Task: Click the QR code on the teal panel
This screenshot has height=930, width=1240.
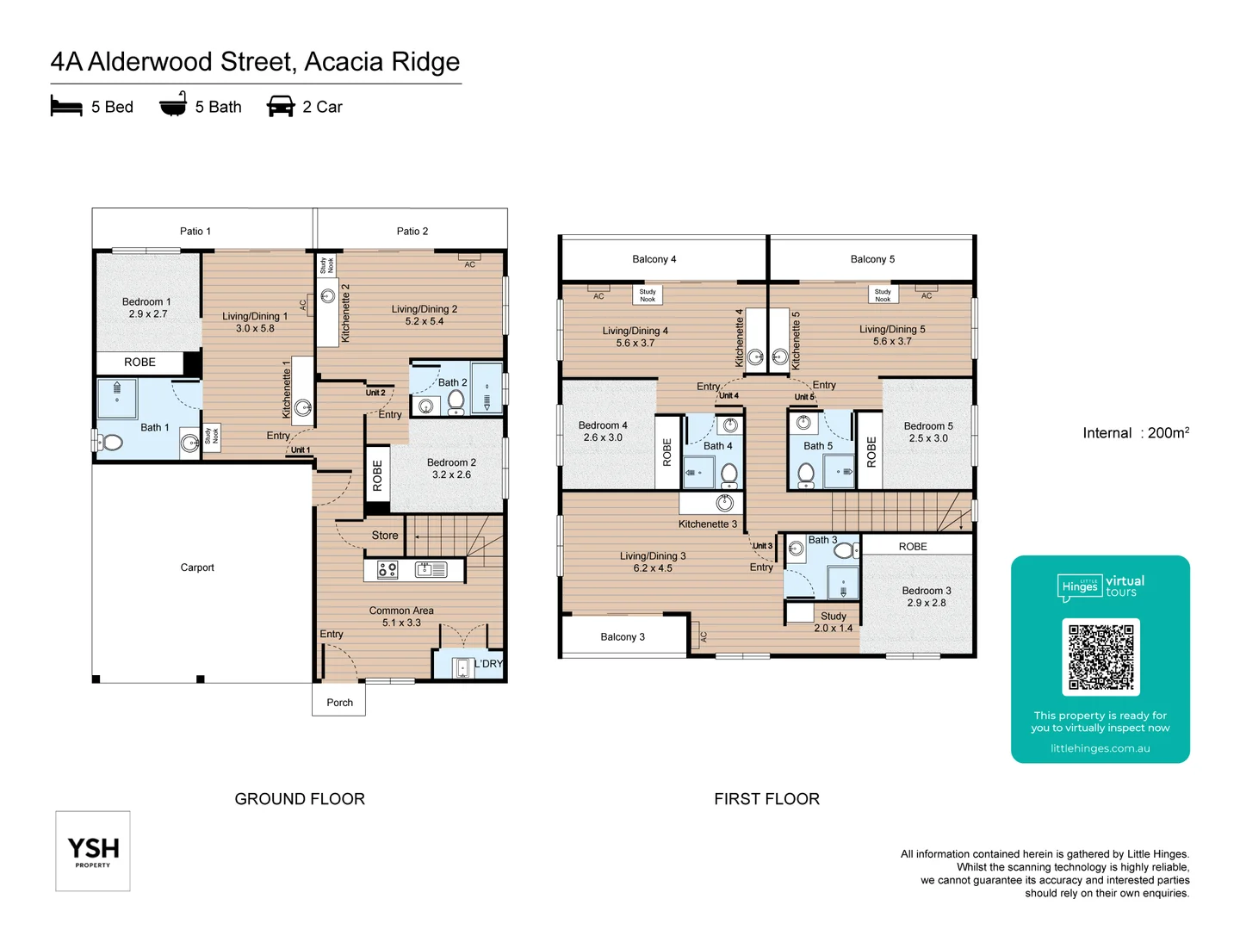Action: pyautogui.click(x=1100, y=657)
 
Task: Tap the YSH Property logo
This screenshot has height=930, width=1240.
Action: pyautogui.click(x=93, y=851)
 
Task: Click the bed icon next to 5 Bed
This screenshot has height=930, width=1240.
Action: pyautogui.click(x=66, y=107)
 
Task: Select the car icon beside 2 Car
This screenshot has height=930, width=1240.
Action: pyautogui.click(x=281, y=107)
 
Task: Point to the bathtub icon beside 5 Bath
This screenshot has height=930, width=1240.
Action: pyautogui.click(x=173, y=105)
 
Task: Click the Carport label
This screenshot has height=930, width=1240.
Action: pyautogui.click(x=197, y=567)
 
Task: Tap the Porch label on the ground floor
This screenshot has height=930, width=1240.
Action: pyautogui.click(x=339, y=703)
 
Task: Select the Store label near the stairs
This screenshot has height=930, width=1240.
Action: pyautogui.click(x=385, y=536)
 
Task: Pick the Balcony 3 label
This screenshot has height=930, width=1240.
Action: pyautogui.click(x=623, y=637)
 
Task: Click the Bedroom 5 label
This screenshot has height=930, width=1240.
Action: pyautogui.click(x=928, y=426)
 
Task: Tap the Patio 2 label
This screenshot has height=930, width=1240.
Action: pyautogui.click(x=412, y=232)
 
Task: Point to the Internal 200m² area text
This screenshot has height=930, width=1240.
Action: pyautogui.click(x=1136, y=433)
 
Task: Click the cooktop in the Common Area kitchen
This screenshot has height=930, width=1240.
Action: pyautogui.click(x=387, y=569)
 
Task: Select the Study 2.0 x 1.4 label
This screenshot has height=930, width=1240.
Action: pyautogui.click(x=833, y=622)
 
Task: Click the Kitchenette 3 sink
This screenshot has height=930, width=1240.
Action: pyautogui.click(x=725, y=503)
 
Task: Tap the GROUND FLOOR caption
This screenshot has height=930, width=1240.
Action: pyautogui.click(x=300, y=799)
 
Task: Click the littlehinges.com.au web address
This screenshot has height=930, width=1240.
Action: pyautogui.click(x=1100, y=748)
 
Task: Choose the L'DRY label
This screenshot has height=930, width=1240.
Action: pyautogui.click(x=488, y=664)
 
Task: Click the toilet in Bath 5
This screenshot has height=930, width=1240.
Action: pyautogui.click(x=806, y=474)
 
